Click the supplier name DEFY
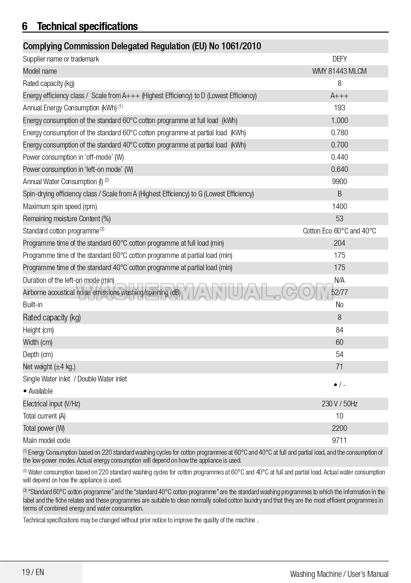[x=339, y=59]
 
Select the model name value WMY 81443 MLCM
[x=339, y=71]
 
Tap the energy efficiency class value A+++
[x=339, y=96]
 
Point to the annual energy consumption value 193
[x=339, y=108]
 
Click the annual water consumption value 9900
[x=339, y=181]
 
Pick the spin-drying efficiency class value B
[x=339, y=194]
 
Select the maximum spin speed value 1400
[x=339, y=206]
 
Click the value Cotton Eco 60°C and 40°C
[x=339, y=231]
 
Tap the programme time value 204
[x=339, y=243]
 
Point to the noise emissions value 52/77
[x=339, y=292]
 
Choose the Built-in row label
[x=32, y=304]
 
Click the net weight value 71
[x=339, y=366]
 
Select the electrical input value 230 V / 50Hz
[x=339, y=404]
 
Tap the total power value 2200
[x=339, y=428]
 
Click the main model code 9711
[x=339, y=440]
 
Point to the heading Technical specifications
[x=87, y=26]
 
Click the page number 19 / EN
[x=33, y=572]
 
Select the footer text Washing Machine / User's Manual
[x=339, y=574]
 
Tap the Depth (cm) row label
[x=38, y=354]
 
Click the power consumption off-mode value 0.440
[x=339, y=157]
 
